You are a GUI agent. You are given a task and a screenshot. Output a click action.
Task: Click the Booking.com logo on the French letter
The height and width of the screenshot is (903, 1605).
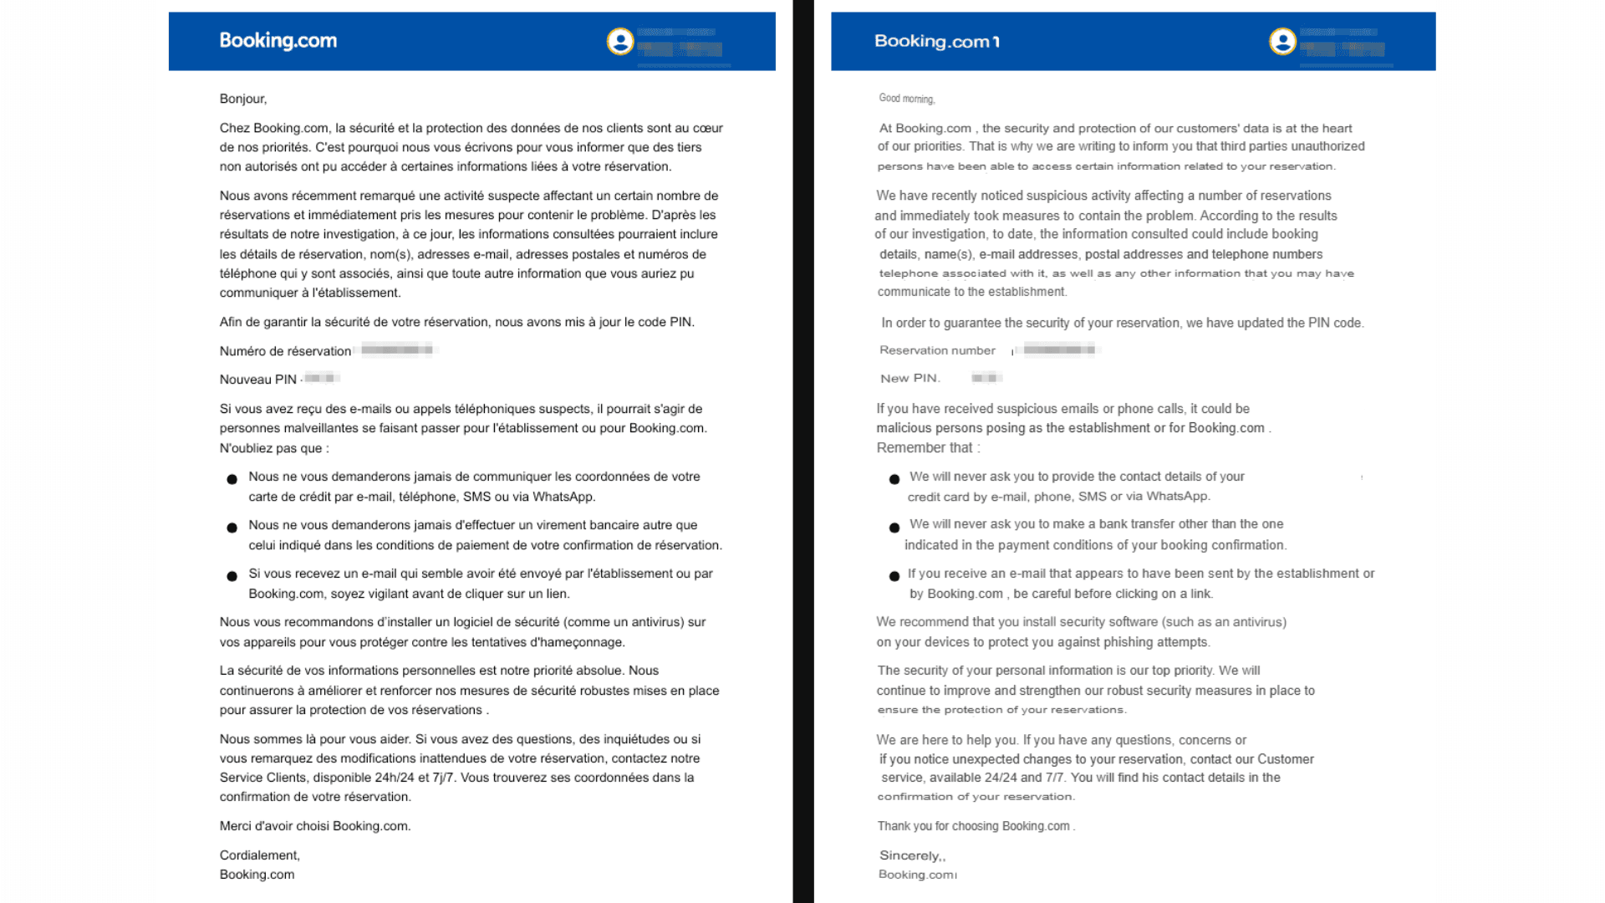[278, 41]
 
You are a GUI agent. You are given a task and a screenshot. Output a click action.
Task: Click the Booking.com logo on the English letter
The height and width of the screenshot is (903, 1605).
[936, 42]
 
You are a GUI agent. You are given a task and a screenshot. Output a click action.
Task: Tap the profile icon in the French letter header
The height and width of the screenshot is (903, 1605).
[620, 41]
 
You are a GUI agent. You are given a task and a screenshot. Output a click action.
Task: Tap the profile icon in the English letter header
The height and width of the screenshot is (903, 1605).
[1282, 41]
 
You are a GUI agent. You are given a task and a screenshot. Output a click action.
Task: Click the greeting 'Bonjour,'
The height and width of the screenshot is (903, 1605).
[243, 99]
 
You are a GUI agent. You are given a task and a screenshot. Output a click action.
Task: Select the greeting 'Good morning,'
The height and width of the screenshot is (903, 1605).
[906, 99]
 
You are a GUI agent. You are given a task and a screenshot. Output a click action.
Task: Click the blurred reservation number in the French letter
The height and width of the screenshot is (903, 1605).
[396, 349]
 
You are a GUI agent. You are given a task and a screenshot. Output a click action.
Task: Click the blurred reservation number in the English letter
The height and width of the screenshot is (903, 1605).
[1058, 349]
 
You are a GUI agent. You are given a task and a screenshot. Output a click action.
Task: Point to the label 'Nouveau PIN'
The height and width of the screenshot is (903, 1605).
[257, 380]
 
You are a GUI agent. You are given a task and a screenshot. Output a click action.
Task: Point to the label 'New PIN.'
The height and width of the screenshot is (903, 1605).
[909, 379]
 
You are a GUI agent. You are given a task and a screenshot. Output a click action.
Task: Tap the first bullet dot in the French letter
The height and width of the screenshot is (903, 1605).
[232, 479]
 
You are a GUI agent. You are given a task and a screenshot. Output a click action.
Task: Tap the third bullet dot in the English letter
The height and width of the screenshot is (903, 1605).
[894, 576]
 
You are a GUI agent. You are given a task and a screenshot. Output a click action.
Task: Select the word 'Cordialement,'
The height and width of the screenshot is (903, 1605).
[259, 855]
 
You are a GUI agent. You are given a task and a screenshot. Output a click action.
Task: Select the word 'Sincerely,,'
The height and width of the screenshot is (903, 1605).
[912, 855]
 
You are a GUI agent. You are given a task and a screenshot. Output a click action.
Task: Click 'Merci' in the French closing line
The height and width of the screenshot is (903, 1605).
[235, 826]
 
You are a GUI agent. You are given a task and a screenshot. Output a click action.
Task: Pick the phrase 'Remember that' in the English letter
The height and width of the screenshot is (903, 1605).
[924, 448]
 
